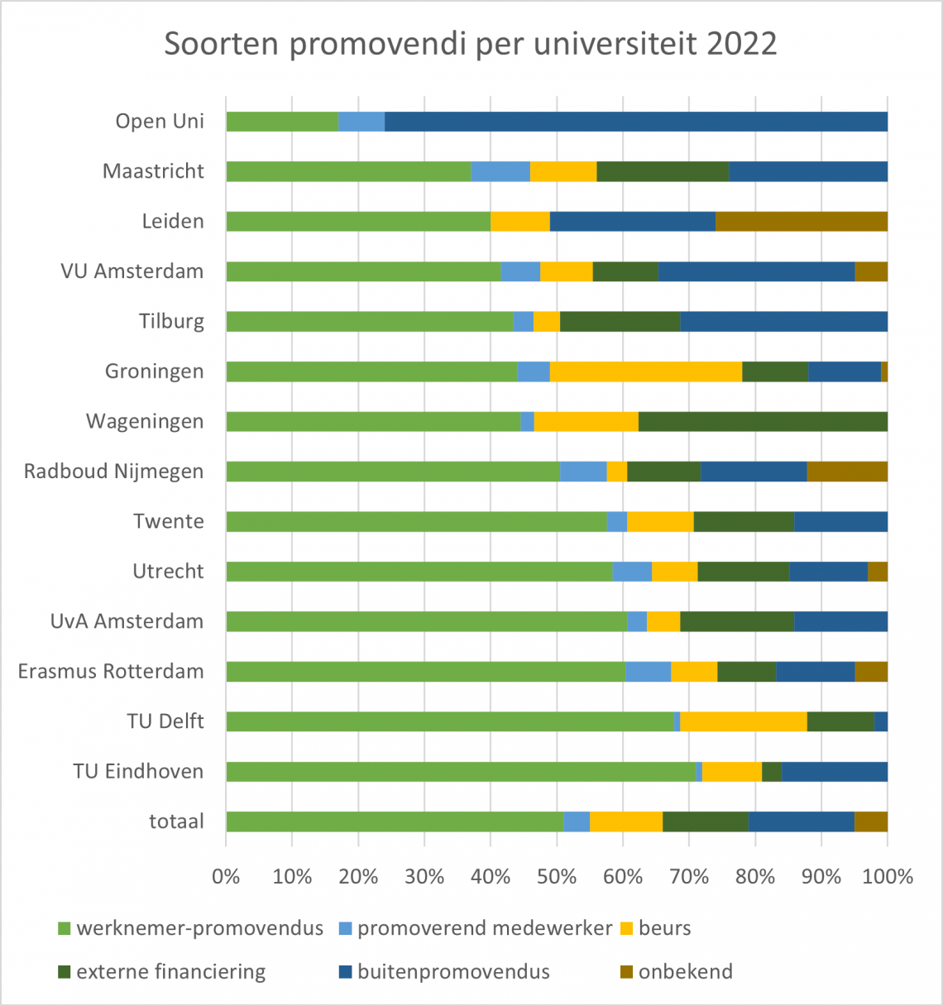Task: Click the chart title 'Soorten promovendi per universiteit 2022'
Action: [471, 44]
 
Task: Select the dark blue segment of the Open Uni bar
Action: [635, 122]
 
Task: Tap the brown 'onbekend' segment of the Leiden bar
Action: [801, 221]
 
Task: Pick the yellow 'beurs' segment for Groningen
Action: [646, 371]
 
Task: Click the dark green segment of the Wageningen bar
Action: [763, 421]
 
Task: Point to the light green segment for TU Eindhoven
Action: [461, 771]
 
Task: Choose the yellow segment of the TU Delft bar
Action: [743, 721]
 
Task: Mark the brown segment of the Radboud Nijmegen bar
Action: [847, 472]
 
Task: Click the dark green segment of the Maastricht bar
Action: [662, 171]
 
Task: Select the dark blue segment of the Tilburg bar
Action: [783, 321]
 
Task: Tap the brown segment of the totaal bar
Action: [871, 822]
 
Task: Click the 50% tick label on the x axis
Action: [557, 877]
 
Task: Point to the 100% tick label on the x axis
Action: [888, 877]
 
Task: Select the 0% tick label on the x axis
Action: [226, 877]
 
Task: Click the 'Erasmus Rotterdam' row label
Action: [111, 671]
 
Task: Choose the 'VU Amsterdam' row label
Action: [132, 271]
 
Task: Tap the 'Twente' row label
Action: [169, 521]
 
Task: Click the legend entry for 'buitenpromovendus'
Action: [453, 971]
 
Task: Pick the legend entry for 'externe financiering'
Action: [170, 971]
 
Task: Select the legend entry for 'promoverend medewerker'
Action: [484, 928]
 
